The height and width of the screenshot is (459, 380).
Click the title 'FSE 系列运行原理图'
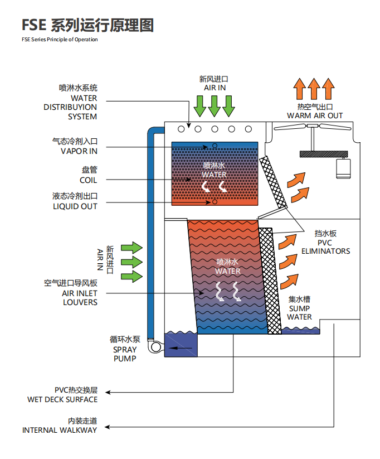point(87,25)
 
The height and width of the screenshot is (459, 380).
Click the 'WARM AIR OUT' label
point(315,115)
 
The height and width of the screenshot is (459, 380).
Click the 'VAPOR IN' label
point(79,151)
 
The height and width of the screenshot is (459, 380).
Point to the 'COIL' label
point(88,180)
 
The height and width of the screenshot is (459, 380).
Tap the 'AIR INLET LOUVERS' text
point(80,297)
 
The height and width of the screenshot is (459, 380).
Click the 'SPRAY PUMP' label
point(125,354)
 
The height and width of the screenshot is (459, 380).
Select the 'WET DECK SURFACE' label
point(62,399)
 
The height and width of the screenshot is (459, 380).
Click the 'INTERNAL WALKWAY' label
point(60,430)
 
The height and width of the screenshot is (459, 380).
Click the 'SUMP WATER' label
point(299,313)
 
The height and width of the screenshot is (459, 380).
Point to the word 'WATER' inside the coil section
point(214,175)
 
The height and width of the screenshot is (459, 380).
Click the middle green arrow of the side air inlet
point(132,262)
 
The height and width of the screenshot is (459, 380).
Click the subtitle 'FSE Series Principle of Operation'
point(60,40)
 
